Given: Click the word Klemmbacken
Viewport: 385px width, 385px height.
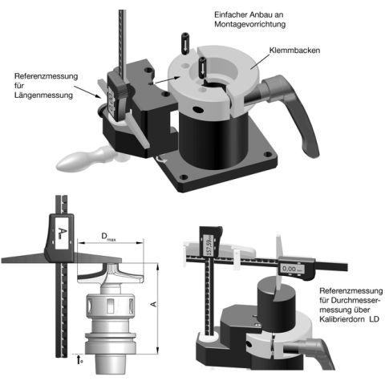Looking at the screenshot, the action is [294, 51].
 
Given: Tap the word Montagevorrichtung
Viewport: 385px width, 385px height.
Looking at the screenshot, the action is [249, 24].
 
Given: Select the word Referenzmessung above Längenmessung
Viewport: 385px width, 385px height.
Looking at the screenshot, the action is [46, 76].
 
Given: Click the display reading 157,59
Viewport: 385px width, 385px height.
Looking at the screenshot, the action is [209, 245].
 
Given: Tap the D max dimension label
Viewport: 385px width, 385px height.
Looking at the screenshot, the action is [108, 237].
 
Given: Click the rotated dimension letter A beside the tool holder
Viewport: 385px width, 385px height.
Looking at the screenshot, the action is [154, 304].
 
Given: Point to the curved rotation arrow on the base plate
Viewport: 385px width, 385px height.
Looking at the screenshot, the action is [161, 160].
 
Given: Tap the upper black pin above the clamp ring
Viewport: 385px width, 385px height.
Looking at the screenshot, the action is [184, 43].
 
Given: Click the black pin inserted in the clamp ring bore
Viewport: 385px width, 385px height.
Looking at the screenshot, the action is [202, 68].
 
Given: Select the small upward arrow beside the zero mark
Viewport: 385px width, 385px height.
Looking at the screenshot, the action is [79, 359].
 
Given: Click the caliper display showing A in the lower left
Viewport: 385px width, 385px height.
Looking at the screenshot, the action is [62, 233].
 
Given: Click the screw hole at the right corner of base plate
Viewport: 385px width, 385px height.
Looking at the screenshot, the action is [268, 154].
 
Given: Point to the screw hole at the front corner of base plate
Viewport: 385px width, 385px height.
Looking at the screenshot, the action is [184, 177].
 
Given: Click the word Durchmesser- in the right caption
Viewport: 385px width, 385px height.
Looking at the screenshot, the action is [350, 300].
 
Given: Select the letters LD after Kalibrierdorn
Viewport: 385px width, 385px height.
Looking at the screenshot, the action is [375, 319].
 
